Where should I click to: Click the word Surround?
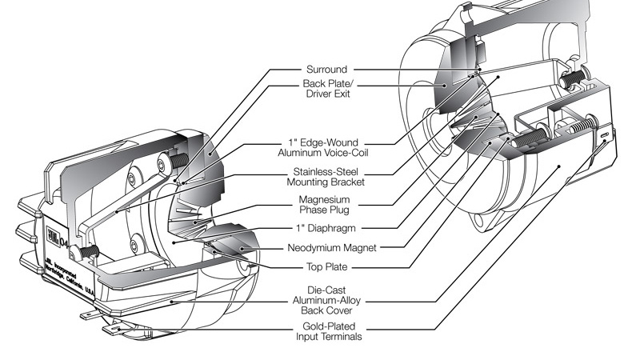tap(326, 69)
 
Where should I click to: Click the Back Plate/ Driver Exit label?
tap(327, 89)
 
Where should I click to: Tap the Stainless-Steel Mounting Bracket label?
tap(326, 177)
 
